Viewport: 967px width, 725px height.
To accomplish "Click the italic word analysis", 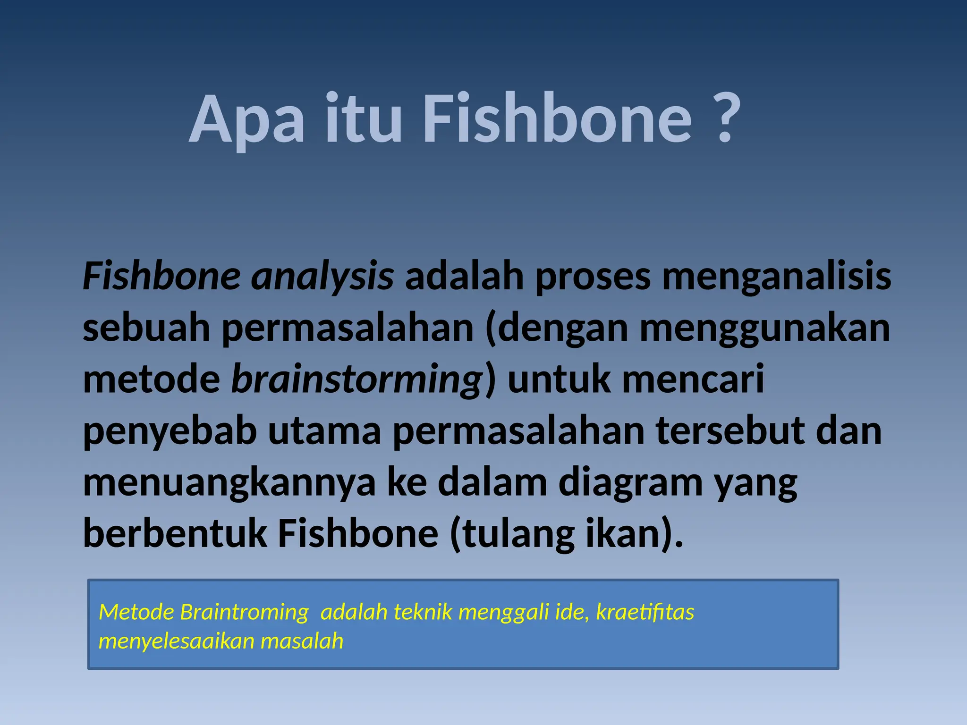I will click(x=322, y=277).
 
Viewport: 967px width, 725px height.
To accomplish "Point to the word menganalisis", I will click(x=776, y=277).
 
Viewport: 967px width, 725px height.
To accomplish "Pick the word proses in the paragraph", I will click(x=593, y=277).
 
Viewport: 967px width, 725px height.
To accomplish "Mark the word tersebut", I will click(x=730, y=431).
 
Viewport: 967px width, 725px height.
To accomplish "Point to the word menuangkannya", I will click(x=229, y=483).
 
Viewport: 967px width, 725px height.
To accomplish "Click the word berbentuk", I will click(x=175, y=534).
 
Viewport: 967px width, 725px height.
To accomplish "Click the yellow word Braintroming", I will click(x=244, y=612).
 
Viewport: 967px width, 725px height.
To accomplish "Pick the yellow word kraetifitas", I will click(x=645, y=612).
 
